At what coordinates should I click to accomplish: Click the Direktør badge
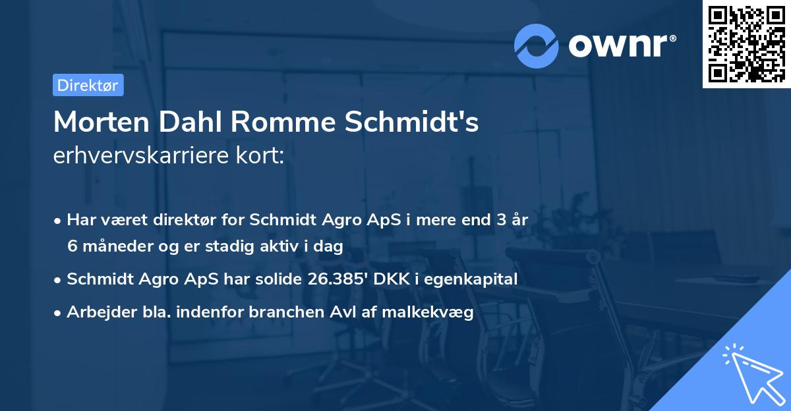[88, 85]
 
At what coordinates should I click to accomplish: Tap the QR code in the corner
[746, 43]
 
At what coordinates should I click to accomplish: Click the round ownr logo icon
[537, 45]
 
